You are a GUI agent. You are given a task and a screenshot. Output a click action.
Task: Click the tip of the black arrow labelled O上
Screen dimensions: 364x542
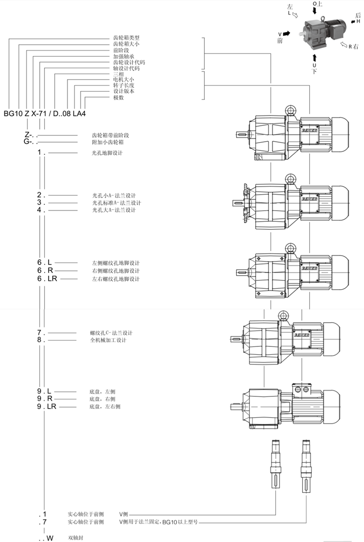pos(314,15)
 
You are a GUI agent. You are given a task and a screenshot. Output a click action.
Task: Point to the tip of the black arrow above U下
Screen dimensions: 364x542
pos(314,53)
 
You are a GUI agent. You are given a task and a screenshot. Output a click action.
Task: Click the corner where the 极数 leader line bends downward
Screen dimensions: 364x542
pos(85,98)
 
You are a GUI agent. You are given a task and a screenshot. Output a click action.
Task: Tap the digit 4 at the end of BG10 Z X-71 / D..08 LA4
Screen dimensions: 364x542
pos(83,114)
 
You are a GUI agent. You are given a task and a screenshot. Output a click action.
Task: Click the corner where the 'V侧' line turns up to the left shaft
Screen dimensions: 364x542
pos(276,514)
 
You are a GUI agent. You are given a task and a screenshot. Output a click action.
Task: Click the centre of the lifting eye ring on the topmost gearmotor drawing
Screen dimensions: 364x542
pos(290,111)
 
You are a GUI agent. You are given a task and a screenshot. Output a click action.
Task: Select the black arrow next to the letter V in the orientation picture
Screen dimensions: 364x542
pos(286,33)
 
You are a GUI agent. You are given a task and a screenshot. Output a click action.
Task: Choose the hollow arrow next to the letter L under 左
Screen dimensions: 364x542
pos(296,15)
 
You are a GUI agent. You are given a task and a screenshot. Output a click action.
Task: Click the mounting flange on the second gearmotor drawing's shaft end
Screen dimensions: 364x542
pos(246,203)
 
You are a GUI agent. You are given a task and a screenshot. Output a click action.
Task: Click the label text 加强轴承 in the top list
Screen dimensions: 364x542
pos(124,56)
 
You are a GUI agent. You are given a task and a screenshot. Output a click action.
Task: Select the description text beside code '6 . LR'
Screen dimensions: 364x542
pos(116,279)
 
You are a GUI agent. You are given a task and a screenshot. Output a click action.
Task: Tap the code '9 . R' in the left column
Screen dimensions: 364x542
pos(45,399)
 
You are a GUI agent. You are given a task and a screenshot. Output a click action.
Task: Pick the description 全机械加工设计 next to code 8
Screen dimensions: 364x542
pos(108,340)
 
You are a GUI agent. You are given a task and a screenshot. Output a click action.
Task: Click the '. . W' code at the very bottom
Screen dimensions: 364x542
pos(46,538)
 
